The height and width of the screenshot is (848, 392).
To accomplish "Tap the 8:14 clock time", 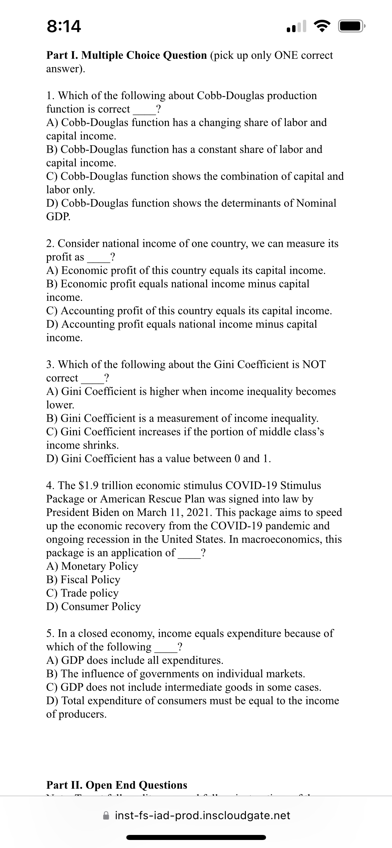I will tap(64, 27).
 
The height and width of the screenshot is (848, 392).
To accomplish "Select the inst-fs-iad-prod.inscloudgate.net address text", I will tap(202, 815).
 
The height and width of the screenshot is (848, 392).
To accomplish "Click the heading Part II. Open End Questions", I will tap(117, 785).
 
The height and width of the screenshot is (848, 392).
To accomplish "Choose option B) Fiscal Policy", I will tap(83, 579).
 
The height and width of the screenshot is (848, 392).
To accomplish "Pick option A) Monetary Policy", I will tap(92, 566).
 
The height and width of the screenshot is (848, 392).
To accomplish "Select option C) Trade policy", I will tap(82, 593).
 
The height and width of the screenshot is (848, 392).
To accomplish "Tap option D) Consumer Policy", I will tap(93, 606).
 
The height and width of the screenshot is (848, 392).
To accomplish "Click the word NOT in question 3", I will tap(314, 364).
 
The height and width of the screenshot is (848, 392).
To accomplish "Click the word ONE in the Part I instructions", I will tap(286, 55).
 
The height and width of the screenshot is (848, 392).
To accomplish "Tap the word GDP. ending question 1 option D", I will tap(58, 217).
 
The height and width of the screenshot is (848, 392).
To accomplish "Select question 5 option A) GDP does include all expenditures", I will tap(135, 660).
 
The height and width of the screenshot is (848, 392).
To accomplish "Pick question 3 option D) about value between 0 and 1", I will tap(158, 458).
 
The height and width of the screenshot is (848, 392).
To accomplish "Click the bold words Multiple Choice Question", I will tap(144, 55).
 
